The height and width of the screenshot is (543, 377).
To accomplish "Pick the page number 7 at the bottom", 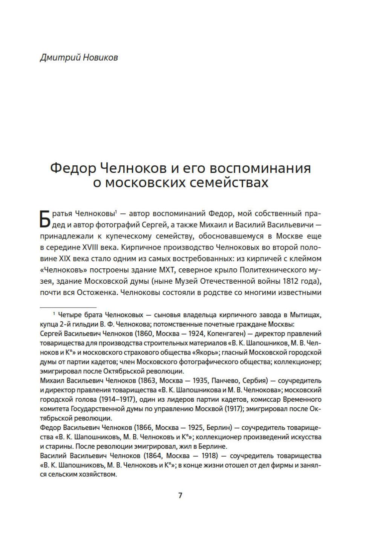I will pos(180,495).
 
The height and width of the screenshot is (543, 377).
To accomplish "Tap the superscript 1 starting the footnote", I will pos(55,314).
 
